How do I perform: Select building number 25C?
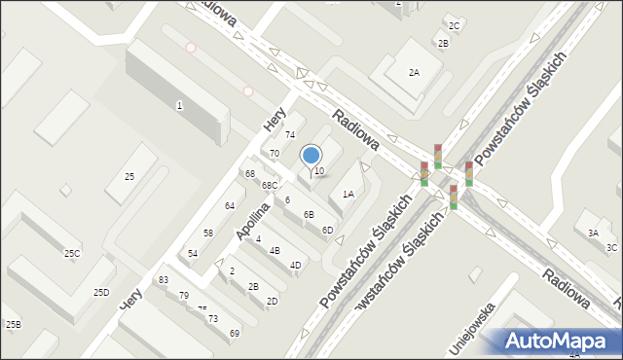click(x=72, y=254)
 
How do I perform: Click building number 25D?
click(x=101, y=292)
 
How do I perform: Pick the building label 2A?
click(x=414, y=73)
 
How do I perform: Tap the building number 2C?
click(x=454, y=25)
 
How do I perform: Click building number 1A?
click(x=348, y=195)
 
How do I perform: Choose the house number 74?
click(x=289, y=134)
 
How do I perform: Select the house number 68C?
click(x=269, y=186)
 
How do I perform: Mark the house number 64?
click(x=230, y=205)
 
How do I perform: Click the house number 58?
click(x=208, y=233)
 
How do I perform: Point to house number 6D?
click(x=327, y=230)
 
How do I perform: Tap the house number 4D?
click(x=295, y=265)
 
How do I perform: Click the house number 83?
click(x=163, y=280)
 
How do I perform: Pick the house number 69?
click(x=235, y=334)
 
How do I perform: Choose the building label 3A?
click(x=593, y=233)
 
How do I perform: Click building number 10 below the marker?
click(x=318, y=171)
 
